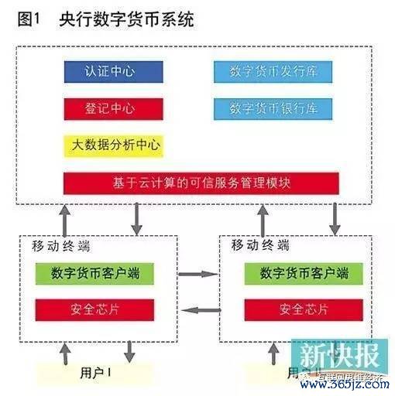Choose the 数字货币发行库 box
(275, 71)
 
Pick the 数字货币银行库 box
(275, 108)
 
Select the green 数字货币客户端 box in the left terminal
(93, 273)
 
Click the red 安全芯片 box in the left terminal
(93, 309)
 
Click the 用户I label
(97, 372)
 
